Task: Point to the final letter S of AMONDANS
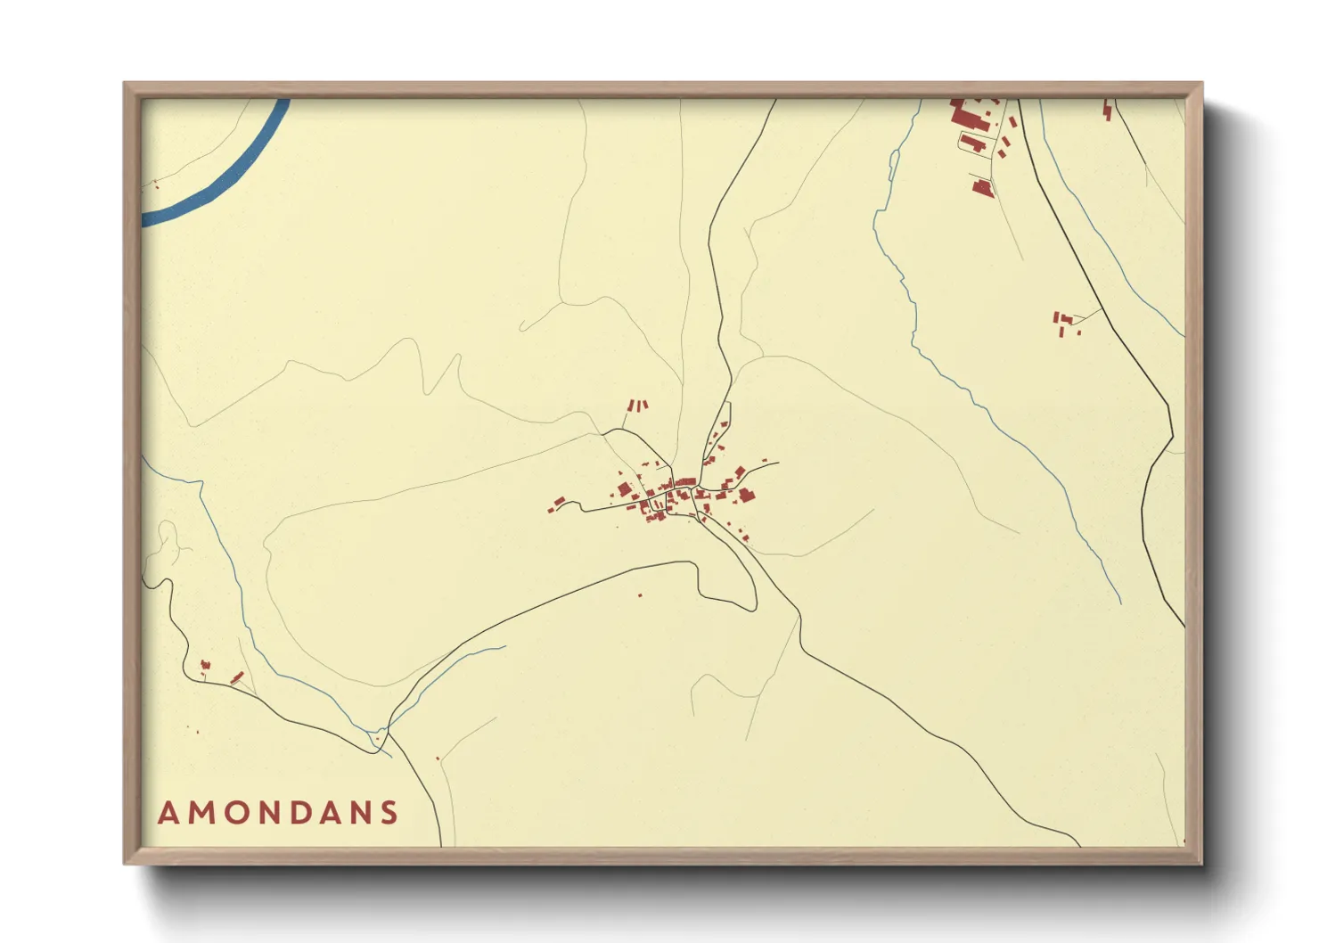coord(389,813)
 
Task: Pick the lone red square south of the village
coord(640,594)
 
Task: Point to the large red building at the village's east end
coord(745,494)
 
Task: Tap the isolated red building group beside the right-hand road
coord(1063,321)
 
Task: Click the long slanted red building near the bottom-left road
coord(236,677)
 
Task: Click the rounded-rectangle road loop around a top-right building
coord(973,143)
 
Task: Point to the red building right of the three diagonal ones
coord(1108,111)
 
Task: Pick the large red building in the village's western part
coord(624,488)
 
